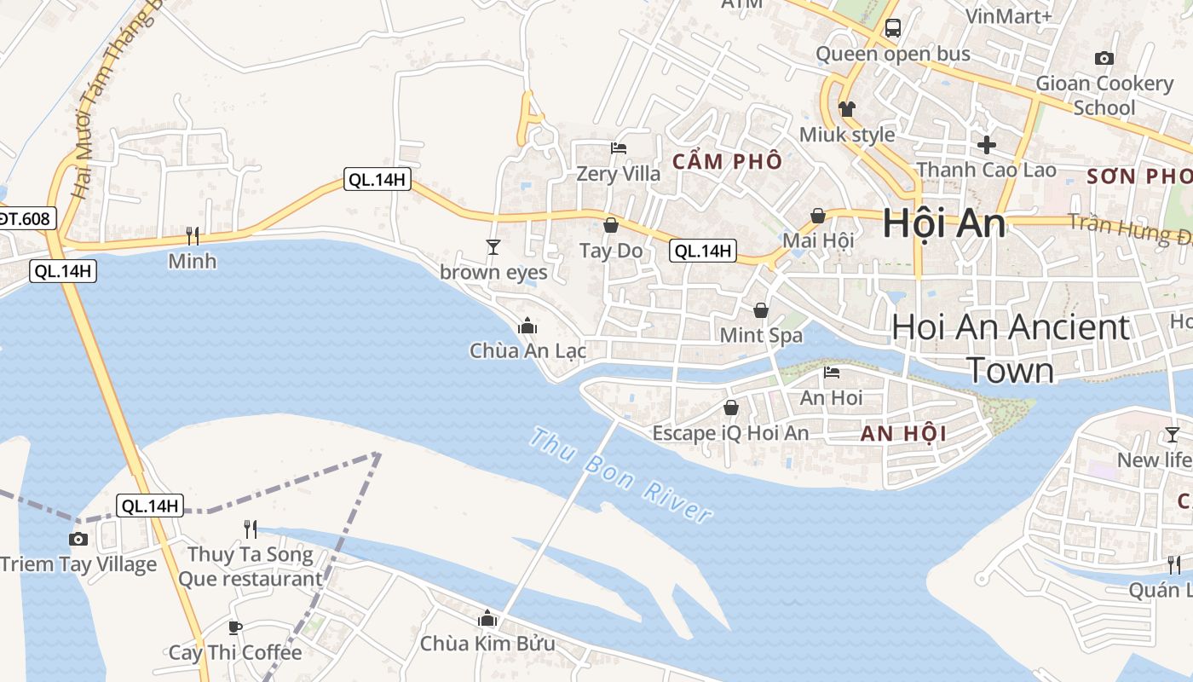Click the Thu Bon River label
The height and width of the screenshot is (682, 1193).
pos(620,475)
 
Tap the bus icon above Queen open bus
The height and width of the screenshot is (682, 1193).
pos(892,28)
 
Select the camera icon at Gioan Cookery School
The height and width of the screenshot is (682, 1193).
pos(1104,58)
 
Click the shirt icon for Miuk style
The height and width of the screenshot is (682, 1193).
pos(846,108)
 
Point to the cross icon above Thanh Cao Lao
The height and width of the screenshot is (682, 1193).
pos(987,144)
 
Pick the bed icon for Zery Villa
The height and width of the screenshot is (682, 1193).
pos(619,148)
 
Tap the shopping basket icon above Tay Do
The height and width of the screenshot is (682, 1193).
pos(611,225)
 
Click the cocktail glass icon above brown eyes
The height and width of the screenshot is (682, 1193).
pos(493,247)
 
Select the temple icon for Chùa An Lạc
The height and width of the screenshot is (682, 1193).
pos(527,326)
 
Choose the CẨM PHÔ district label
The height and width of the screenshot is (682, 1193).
pos(727,161)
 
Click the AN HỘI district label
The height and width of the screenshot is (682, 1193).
pos(903,433)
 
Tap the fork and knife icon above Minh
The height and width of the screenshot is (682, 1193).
pos(193,235)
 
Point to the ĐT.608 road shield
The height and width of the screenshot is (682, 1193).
pos(24,218)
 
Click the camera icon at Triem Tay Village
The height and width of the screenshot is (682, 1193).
pos(78,539)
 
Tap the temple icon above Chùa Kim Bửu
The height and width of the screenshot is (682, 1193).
pos(487,618)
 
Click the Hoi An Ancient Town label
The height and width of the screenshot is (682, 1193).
pos(1011,348)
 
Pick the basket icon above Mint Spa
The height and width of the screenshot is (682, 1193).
pos(760,310)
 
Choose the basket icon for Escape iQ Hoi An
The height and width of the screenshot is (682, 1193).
pos(730,408)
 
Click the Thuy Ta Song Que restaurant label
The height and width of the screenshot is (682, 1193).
pos(250,567)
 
